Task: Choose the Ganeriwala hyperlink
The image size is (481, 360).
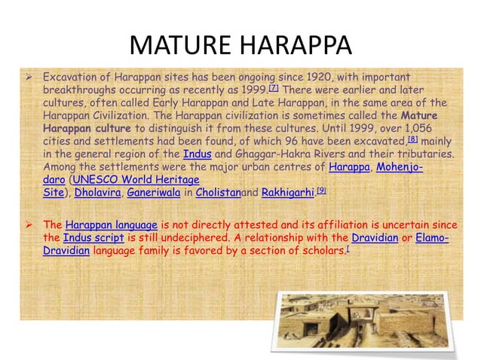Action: pos(153,193)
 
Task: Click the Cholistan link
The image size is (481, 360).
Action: pos(218,193)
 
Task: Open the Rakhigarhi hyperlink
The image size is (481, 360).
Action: pos(288,193)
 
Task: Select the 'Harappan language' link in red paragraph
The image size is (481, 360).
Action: pos(111,224)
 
